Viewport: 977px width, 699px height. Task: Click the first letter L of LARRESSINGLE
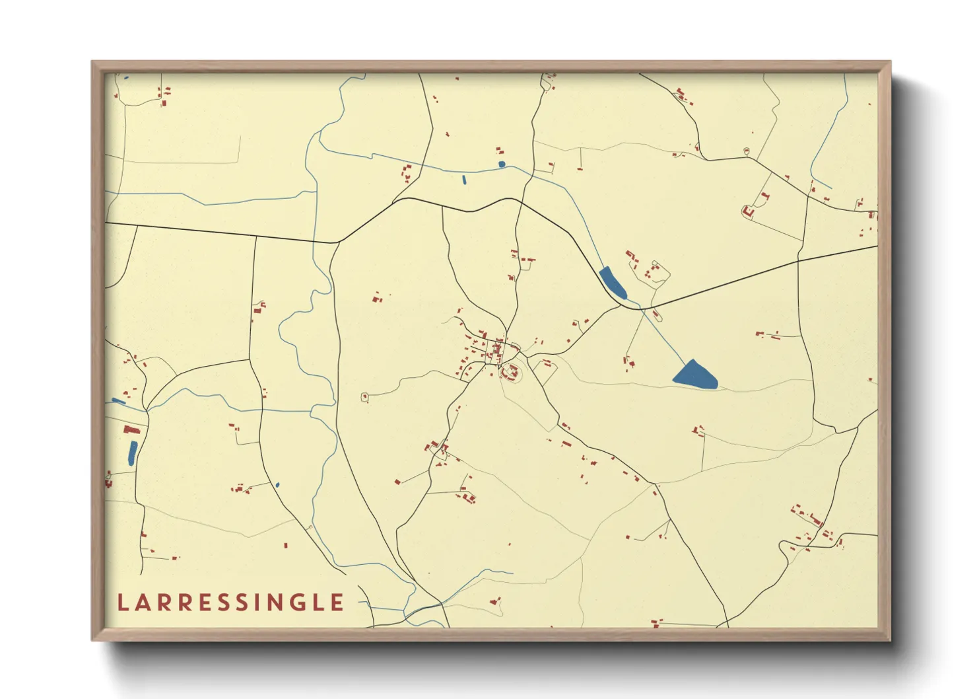point(123,603)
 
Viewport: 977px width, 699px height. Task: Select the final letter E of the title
point(337,603)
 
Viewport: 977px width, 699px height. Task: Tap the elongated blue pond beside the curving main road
point(613,282)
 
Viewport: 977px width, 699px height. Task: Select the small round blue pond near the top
point(502,164)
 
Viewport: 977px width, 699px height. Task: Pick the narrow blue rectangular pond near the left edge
point(133,453)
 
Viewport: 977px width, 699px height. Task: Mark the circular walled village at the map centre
point(510,374)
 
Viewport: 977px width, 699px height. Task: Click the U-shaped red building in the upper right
point(748,211)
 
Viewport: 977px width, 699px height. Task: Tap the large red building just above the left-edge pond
point(131,429)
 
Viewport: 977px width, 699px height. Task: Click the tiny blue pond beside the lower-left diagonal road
point(277,485)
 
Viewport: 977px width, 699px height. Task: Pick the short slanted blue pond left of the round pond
point(464,179)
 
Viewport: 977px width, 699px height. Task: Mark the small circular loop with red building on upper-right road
point(747,151)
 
